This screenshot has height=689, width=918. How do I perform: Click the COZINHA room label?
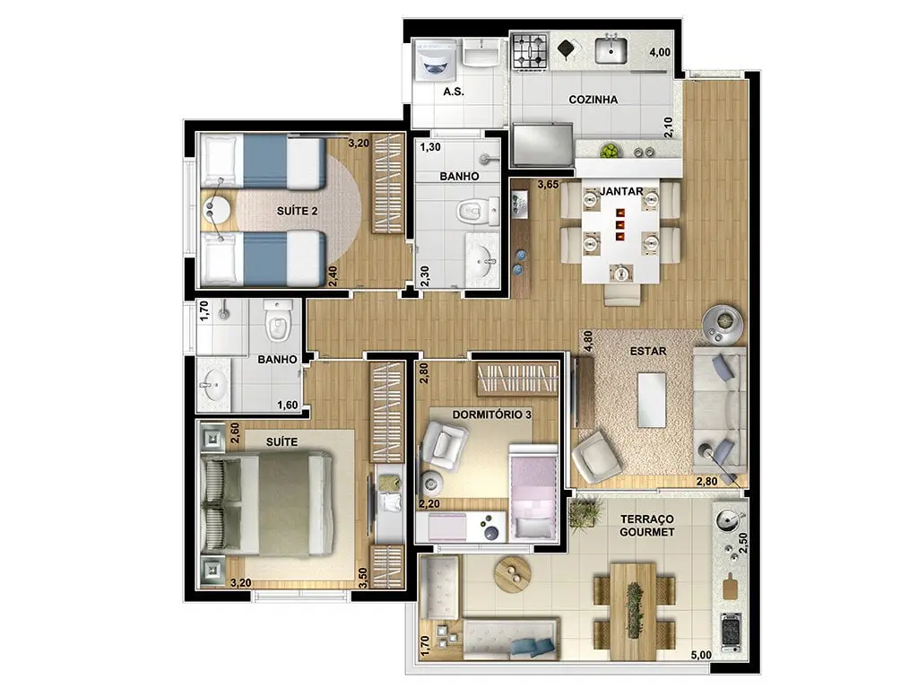593,100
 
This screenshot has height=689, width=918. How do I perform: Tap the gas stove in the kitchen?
531,50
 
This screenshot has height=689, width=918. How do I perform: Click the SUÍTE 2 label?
298,211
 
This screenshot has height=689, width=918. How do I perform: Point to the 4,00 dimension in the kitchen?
660,52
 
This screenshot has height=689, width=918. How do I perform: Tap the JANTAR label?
622,192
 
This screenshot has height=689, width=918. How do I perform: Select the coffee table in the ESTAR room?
652,400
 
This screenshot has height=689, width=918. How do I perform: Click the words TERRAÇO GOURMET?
647,526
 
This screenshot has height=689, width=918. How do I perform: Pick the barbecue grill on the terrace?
731,632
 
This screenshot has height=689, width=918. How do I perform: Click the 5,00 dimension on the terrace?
701,655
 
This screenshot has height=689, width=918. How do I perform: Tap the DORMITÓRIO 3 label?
492,414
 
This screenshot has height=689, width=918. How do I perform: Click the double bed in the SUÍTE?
267,504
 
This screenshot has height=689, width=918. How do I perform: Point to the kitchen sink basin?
611,50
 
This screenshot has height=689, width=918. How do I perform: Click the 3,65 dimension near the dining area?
548,185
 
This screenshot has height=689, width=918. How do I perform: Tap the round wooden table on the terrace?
513,574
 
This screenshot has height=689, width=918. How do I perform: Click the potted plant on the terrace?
585,511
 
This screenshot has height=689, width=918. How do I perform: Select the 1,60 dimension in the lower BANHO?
288,405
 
